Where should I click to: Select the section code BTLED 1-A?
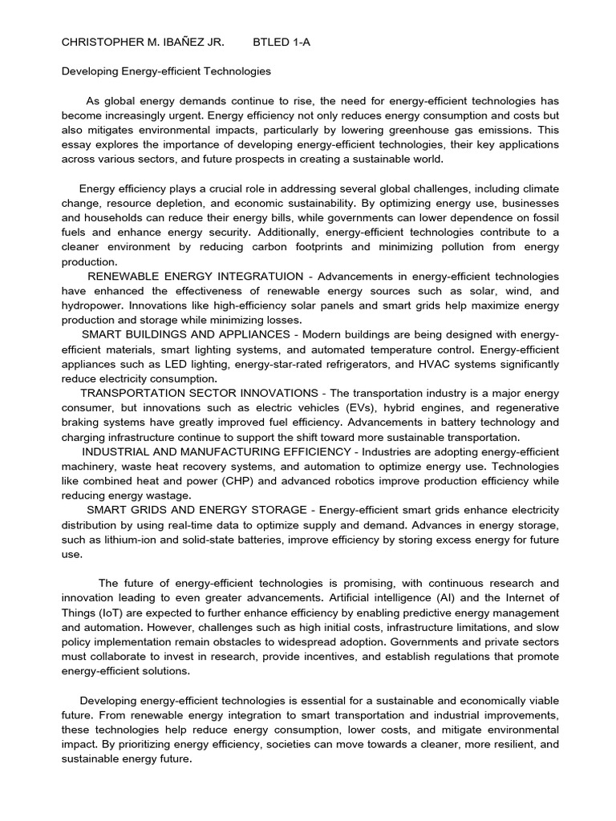coord(281,42)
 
